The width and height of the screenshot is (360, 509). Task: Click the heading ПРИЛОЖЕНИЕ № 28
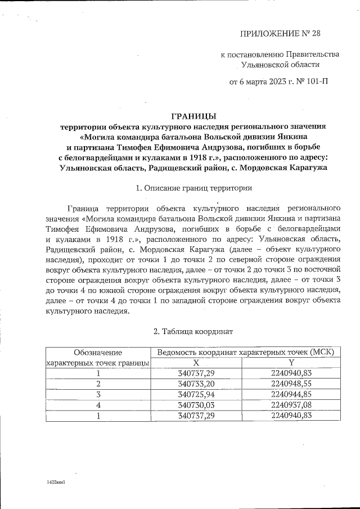point(280,33)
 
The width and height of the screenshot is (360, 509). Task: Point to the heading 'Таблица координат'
point(193,332)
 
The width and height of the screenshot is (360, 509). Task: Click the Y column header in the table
point(291,363)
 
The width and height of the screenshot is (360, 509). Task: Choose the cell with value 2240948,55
point(291,384)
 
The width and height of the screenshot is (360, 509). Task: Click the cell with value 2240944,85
point(291,394)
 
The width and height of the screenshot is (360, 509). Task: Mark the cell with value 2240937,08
point(291,404)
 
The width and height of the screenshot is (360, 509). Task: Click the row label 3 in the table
point(98,394)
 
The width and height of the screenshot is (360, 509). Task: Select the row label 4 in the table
point(98,404)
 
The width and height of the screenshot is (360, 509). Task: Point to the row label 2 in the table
point(98,384)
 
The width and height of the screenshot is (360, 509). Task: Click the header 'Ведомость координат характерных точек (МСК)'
point(246,352)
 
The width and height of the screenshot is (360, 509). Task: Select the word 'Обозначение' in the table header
point(98,352)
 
